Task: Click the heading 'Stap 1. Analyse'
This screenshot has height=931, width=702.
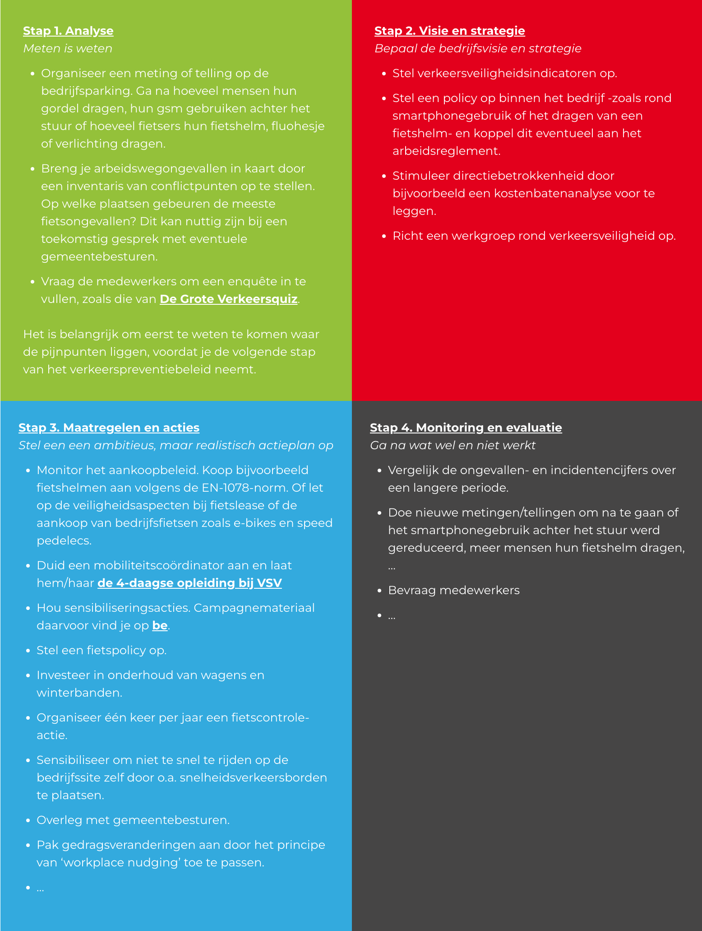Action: tap(68, 31)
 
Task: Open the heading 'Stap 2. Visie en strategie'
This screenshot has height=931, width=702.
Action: tap(449, 31)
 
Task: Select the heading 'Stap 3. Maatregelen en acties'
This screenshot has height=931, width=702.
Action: tap(109, 428)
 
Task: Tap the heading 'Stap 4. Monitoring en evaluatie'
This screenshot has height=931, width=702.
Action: tap(466, 428)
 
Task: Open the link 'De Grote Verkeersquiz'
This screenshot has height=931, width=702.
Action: tap(228, 299)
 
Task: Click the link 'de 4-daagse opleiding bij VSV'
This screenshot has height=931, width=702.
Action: tap(189, 583)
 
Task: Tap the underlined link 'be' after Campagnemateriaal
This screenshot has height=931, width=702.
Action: tap(160, 625)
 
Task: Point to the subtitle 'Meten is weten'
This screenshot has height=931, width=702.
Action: tap(68, 48)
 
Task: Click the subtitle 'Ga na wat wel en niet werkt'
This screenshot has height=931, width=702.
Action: tap(453, 445)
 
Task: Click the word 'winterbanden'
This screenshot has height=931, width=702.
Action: tap(79, 693)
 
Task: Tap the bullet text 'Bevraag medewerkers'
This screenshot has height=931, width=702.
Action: tap(453, 590)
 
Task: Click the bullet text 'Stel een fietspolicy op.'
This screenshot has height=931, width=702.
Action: tap(102, 650)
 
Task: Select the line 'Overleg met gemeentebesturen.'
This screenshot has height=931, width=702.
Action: tap(133, 820)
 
